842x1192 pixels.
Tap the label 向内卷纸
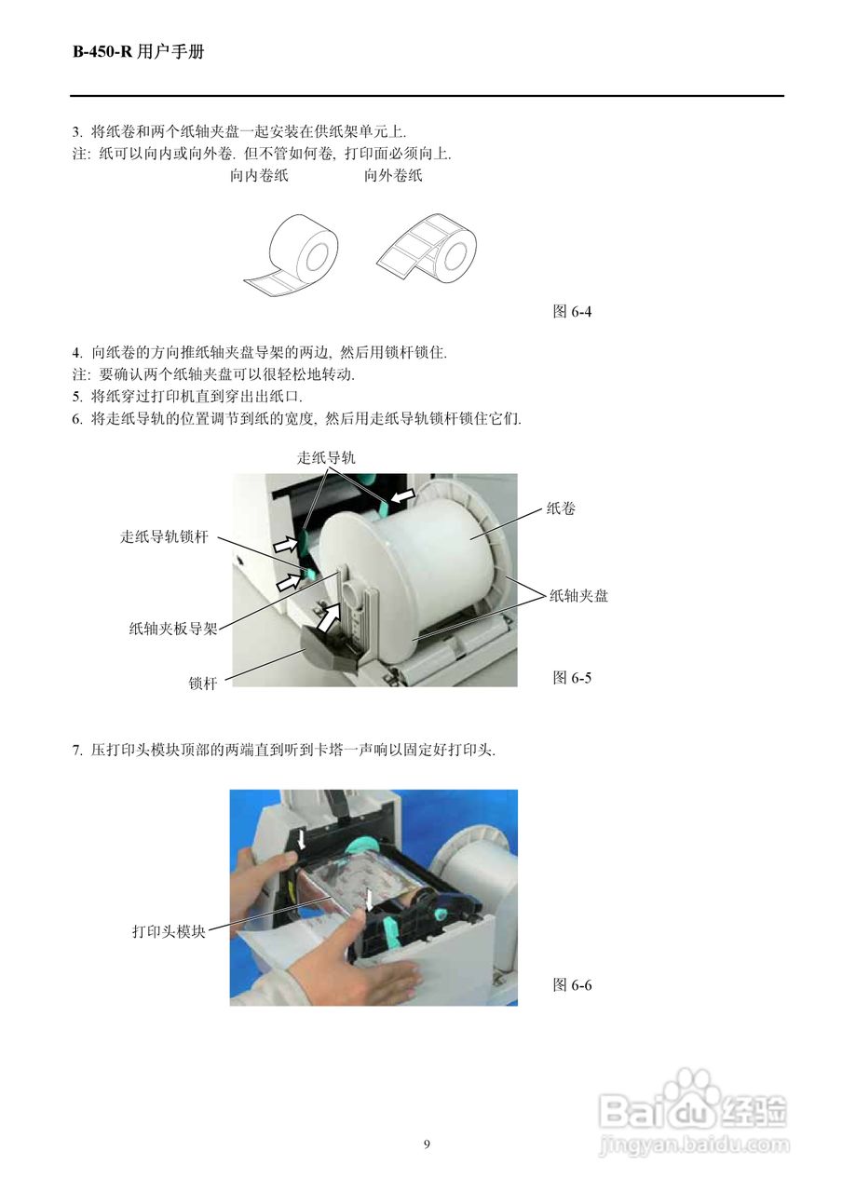click(259, 176)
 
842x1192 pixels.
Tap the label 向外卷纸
click(393, 176)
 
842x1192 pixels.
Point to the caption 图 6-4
click(572, 312)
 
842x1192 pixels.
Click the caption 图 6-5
click(572, 677)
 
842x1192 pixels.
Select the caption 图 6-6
click(572, 984)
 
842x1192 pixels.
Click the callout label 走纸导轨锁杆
click(164, 537)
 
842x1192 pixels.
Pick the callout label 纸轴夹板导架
click(172, 629)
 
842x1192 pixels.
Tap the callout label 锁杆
click(202, 684)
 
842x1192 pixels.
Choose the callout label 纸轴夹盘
click(578, 595)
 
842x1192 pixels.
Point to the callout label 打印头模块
click(168, 930)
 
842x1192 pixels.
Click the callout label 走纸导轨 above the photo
click(326, 457)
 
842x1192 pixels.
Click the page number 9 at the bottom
click(427, 1145)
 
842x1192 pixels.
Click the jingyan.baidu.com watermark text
click(694, 1145)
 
